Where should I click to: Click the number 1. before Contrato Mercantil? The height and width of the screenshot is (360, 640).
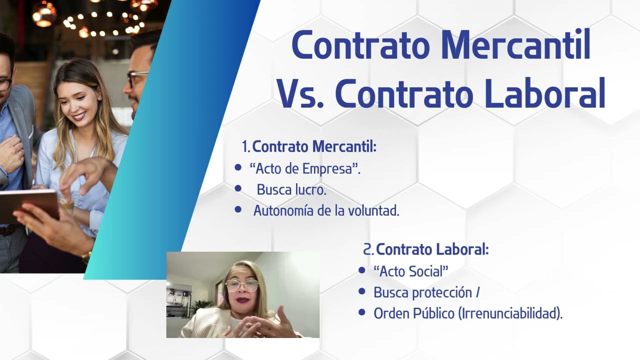[246, 147]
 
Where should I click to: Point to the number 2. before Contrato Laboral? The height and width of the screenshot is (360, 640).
[368, 249]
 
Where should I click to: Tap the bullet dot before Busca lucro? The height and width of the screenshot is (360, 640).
[238, 189]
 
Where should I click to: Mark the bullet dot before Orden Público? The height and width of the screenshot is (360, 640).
[362, 312]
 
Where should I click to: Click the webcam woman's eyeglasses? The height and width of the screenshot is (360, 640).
[242, 285]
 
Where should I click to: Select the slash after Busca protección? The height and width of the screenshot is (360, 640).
[478, 292]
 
